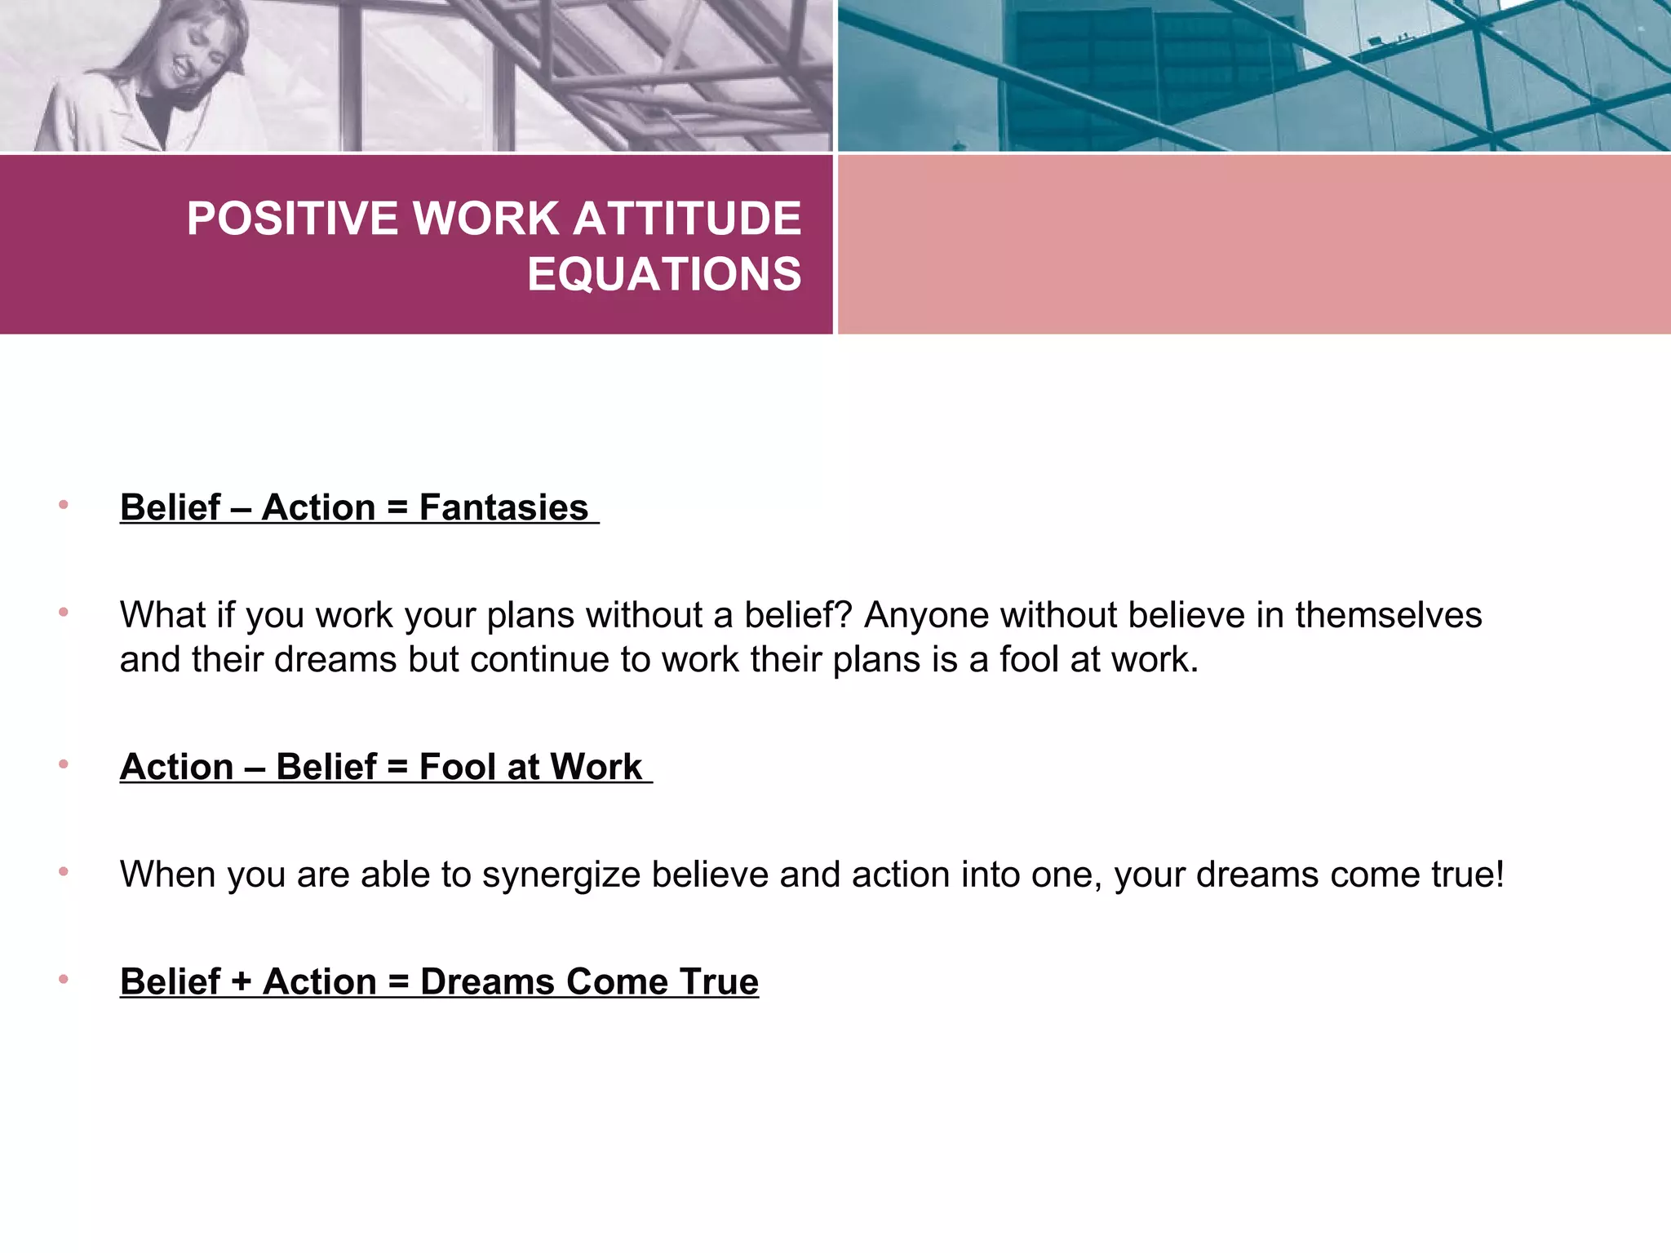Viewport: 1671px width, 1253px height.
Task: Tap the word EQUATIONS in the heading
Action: [x=664, y=274]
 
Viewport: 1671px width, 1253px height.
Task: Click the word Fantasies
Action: [x=503, y=507]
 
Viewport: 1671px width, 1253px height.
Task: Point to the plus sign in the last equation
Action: [x=241, y=981]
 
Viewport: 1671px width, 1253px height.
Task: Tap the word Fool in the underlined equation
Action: [x=457, y=767]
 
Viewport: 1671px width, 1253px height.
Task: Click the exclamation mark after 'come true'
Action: [x=1499, y=874]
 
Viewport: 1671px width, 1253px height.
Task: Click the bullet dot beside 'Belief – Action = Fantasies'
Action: [x=63, y=506]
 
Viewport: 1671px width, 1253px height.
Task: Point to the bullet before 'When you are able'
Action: [x=63, y=872]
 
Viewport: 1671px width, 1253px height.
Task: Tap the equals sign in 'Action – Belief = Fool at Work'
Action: [x=397, y=767]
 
